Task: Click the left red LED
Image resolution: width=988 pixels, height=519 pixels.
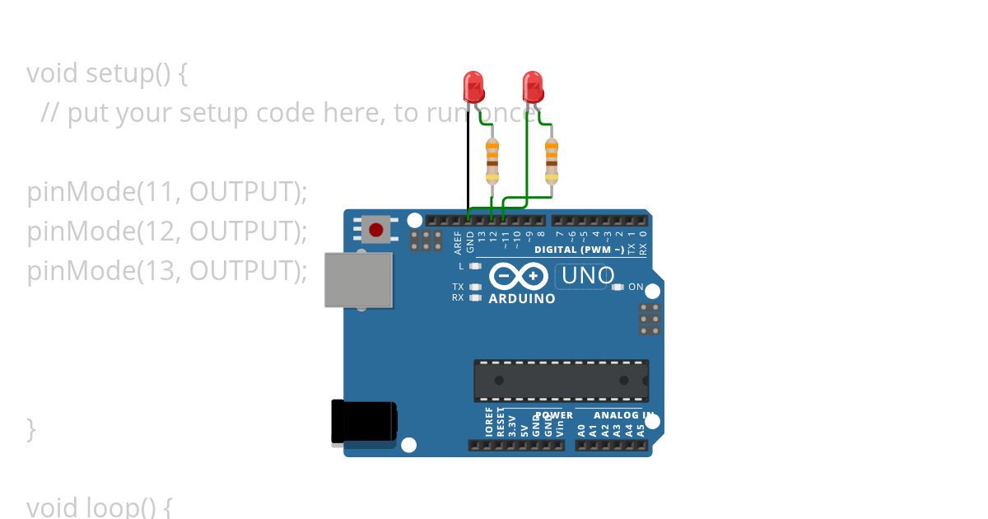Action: [x=473, y=86]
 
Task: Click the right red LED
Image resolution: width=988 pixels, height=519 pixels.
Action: [x=533, y=86]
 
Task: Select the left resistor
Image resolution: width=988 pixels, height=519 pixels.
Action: [x=492, y=161]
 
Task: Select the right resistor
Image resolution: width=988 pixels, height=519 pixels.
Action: [x=552, y=161]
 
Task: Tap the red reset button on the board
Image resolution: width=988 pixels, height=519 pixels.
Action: [x=376, y=229]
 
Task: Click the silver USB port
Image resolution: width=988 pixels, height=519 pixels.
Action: [x=358, y=280]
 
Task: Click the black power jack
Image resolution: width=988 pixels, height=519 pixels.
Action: [x=363, y=421]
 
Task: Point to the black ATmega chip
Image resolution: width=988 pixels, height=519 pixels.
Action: [x=561, y=381]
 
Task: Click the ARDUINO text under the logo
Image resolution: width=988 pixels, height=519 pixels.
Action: [x=522, y=299]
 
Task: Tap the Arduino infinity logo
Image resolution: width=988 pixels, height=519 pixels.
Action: [x=518, y=275]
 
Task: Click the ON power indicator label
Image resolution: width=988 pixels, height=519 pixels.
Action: [x=636, y=287]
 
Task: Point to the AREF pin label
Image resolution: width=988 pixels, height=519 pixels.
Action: [x=459, y=241]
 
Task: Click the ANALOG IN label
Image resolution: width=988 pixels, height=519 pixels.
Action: [x=623, y=415]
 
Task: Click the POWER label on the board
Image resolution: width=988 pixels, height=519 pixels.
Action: [x=554, y=415]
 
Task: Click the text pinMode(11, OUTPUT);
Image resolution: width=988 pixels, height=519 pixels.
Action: [x=166, y=192]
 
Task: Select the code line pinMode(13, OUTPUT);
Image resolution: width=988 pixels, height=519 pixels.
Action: [x=166, y=270]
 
